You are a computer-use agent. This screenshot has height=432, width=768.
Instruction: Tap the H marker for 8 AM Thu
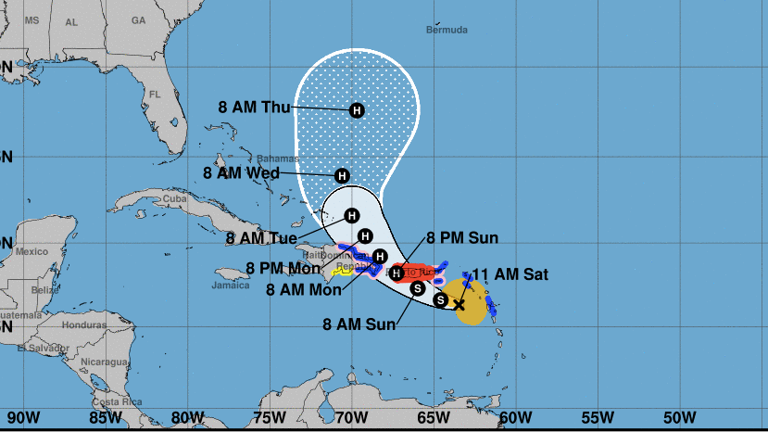[x=357, y=110]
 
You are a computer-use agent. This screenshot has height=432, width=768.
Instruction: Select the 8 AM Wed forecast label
[x=241, y=172]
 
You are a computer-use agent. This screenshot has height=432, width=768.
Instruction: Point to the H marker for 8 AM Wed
[x=342, y=175]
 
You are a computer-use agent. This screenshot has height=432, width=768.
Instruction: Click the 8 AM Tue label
[x=261, y=238]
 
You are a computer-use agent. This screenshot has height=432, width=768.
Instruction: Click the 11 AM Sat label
[x=510, y=274]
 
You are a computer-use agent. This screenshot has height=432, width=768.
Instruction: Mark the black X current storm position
[x=459, y=304]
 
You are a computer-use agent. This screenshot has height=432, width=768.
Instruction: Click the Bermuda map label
[x=447, y=30]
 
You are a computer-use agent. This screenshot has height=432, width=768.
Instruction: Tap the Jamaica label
[x=231, y=285]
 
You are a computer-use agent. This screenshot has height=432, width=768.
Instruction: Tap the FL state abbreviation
[x=156, y=95]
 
